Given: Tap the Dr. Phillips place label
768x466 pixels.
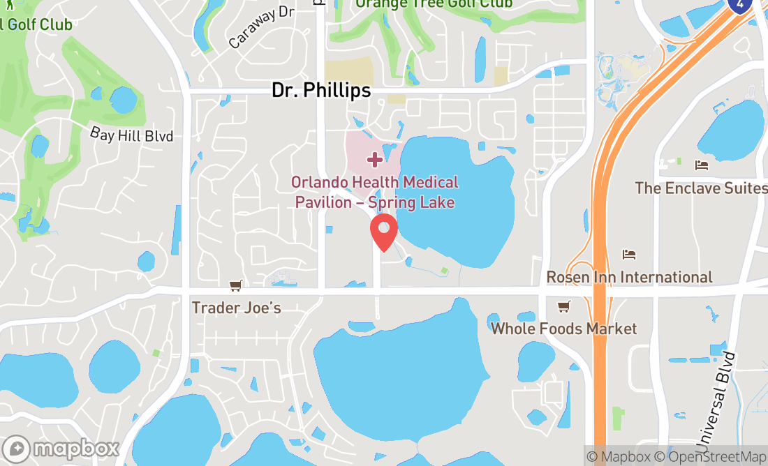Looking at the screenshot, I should coord(320,91).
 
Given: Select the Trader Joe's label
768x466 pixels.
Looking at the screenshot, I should coord(236,307).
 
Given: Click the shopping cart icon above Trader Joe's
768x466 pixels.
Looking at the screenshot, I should coord(236,286).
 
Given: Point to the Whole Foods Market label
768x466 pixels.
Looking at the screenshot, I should coord(564,328).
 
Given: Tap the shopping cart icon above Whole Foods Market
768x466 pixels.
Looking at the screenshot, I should coord(563,307).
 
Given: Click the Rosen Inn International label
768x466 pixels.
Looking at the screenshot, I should coord(629,277).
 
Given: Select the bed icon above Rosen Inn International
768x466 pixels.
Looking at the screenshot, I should coord(629,255).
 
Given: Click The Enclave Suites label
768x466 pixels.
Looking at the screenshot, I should coord(700,188).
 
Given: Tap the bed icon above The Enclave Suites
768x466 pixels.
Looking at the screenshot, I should coord(702,165).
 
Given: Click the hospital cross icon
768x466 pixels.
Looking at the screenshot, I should coord(375,160).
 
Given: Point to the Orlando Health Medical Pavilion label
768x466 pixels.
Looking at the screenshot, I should coord(375,193).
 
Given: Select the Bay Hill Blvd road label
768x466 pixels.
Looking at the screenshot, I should coord(131,135).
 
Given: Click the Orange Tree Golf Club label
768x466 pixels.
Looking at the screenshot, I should coord(434,4).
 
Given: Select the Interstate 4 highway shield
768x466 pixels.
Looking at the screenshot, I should coord(739,4).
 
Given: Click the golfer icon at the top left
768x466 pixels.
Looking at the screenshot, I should coord(8,6).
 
